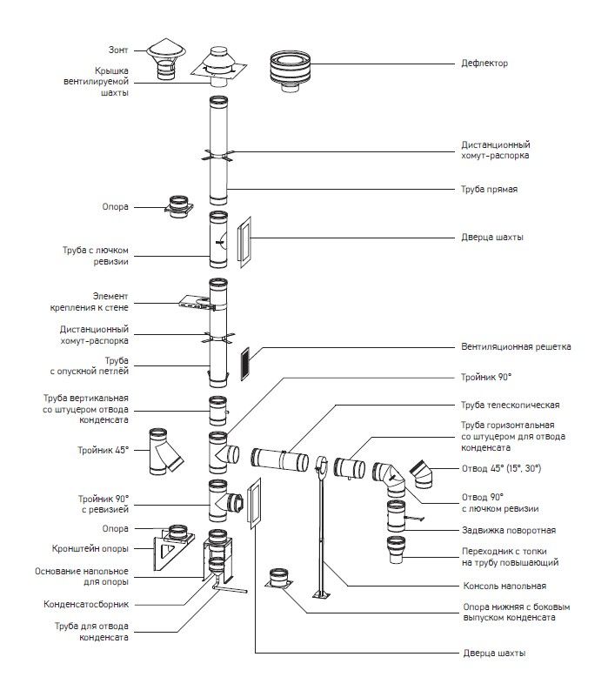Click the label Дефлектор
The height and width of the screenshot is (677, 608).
pyautogui.click(x=484, y=64)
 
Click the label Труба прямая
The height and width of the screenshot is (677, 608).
pyautogui.click(x=490, y=190)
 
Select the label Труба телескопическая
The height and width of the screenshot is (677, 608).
pyautogui.click(x=509, y=405)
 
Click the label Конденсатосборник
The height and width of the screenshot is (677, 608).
pyautogui.click(x=86, y=603)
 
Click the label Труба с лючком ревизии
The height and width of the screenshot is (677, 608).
pyautogui.click(x=97, y=255)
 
